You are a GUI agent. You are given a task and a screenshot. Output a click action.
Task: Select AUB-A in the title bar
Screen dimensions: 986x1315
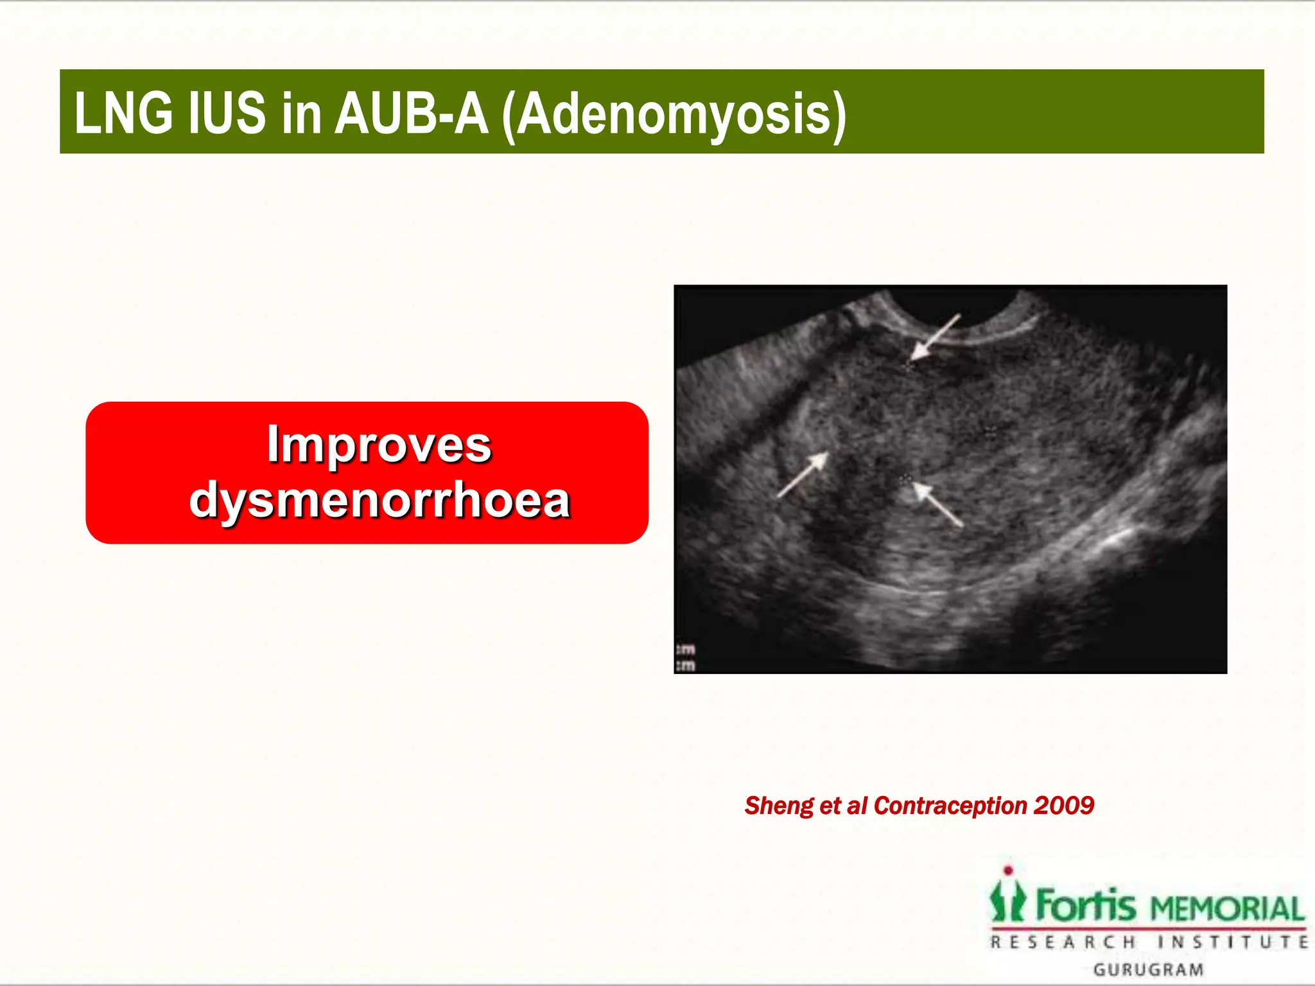tap(412, 114)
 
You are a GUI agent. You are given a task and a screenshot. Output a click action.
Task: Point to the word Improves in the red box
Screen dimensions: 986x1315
tap(379, 444)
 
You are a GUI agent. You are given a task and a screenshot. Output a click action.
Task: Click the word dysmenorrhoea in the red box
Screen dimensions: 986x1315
tap(379, 500)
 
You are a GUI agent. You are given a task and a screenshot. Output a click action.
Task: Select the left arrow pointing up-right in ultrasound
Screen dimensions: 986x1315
tap(803, 474)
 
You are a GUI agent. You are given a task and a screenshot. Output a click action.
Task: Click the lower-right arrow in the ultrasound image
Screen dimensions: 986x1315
tap(938, 505)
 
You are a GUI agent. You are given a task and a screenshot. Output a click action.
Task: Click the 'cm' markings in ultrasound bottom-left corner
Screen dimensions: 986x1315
tap(686, 658)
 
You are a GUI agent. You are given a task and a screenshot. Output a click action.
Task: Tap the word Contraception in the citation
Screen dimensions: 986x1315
tap(950, 806)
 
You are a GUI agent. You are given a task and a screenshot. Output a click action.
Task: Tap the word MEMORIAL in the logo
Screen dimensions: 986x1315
tap(1227, 909)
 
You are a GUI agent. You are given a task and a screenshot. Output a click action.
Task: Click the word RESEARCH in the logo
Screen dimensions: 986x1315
tap(1063, 942)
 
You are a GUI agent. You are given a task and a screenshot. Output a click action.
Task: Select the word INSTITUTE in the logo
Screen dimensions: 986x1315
tap(1233, 942)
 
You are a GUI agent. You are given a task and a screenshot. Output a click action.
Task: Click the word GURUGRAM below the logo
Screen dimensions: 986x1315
tap(1149, 969)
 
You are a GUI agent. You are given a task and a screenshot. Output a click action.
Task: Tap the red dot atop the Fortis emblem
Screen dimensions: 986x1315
tap(1008, 870)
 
